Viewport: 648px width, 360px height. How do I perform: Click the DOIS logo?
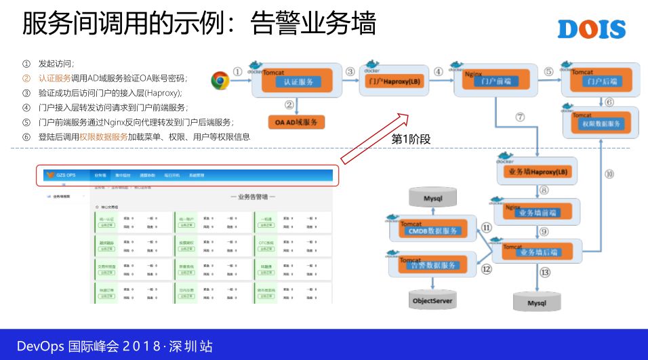[591, 29]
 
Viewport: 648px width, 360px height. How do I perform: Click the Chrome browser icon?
[220, 81]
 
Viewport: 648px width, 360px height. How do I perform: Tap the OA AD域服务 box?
[296, 122]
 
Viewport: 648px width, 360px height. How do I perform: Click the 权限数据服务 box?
[601, 124]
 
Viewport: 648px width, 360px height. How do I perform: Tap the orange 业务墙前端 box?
[538, 213]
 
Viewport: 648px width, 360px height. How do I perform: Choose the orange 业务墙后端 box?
[540, 252]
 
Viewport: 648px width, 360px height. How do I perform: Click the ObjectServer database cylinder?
[432, 299]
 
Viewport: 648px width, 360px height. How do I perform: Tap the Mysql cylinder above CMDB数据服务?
[432, 198]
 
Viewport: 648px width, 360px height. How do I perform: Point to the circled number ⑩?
[609, 174]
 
